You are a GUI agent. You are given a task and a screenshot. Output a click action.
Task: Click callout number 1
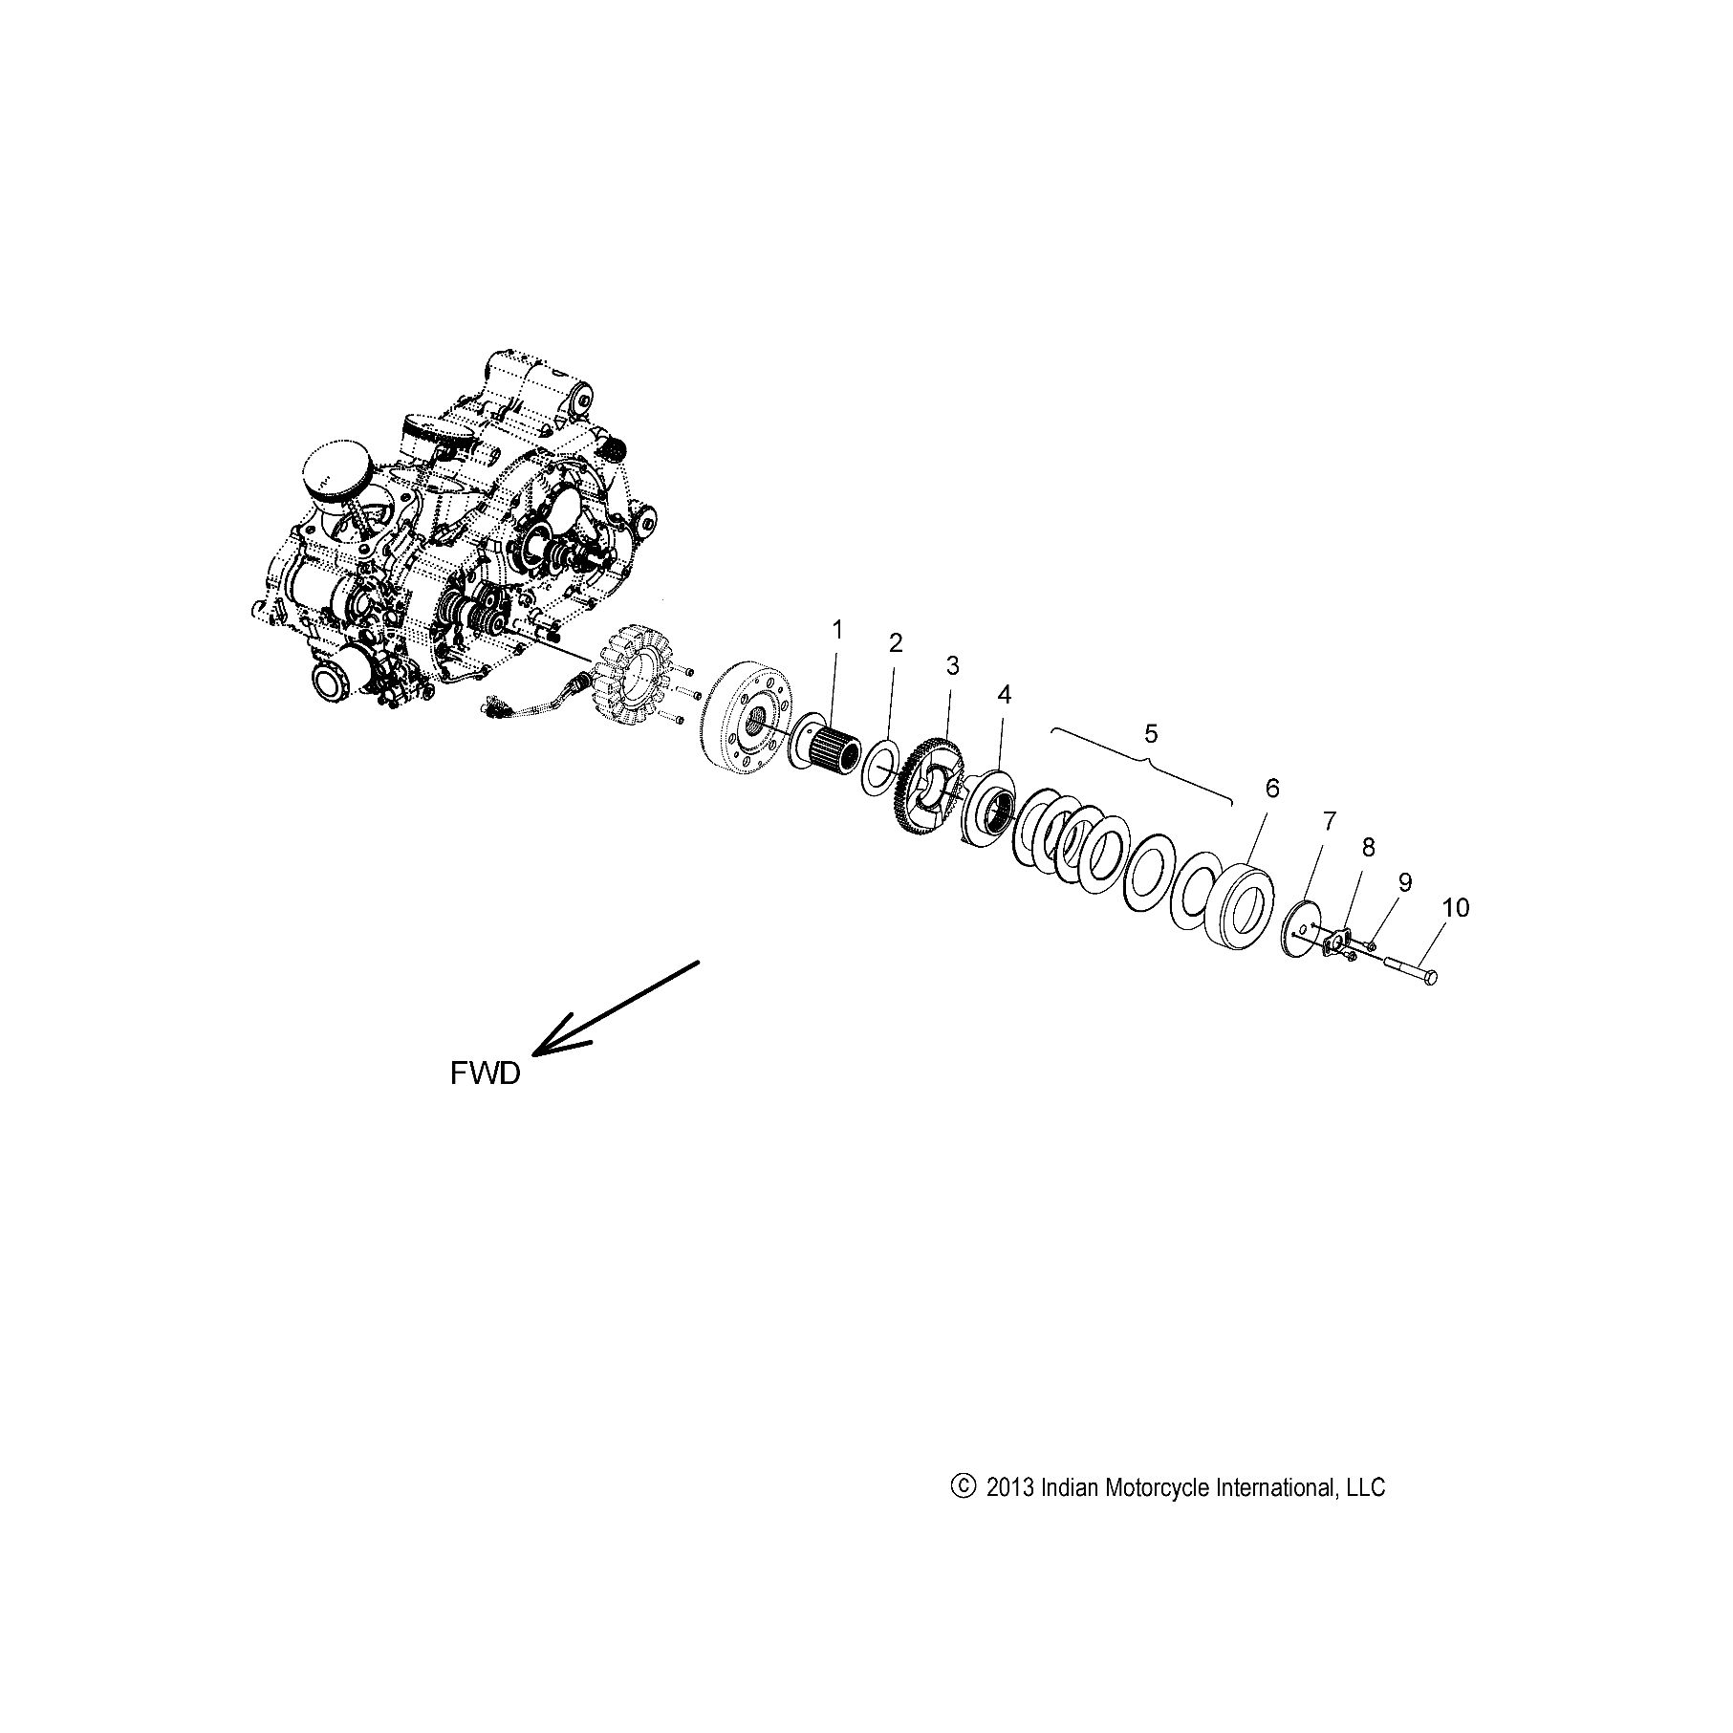click(838, 631)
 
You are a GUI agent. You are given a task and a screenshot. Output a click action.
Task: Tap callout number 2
click(896, 643)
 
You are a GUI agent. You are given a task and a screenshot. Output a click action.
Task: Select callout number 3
click(953, 666)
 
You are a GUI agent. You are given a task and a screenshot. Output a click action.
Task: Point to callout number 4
click(1004, 695)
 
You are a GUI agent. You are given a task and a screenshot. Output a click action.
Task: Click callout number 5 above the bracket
click(1151, 734)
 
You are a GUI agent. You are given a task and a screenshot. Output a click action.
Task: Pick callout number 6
click(1271, 789)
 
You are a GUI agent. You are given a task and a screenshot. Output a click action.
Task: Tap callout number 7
click(1330, 820)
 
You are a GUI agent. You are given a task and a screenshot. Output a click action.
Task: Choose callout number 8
click(1369, 847)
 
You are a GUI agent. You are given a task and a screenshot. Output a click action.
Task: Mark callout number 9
click(1404, 881)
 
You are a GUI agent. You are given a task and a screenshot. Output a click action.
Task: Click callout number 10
click(1456, 907)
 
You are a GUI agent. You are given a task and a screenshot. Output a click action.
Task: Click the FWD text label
click(486, 1074)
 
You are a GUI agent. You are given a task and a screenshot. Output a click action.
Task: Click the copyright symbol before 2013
click(964, 1487)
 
